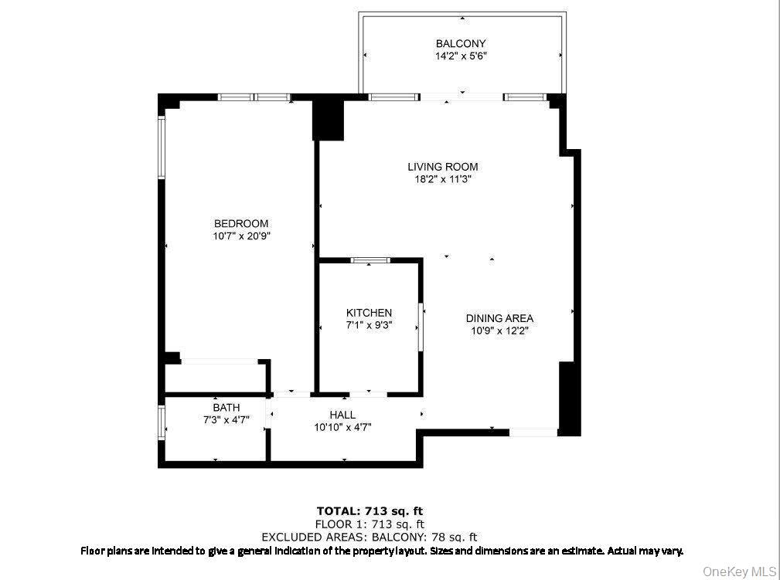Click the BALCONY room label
(x=461, y=44)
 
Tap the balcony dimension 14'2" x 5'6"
(x=461, y=56)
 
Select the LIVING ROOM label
(x=443, y=167)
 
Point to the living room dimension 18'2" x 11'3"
(x=443, y=179)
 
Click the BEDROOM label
(x=242, y=224)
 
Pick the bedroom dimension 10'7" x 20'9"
(x=242, y=236)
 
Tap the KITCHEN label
(x=369, y=313)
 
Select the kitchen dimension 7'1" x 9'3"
(x=369, y=325)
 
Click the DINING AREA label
(x=499, y=318)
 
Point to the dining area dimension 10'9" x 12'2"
(x=499, y=331)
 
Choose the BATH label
(x=227, y=408)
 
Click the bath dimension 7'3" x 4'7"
(x=227, y=419)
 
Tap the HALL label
(x=342, y=415)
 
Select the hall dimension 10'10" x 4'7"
(x=342, y=427)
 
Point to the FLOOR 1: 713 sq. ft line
(x=370, y=524)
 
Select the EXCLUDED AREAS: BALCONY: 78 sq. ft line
(x=370, y=537)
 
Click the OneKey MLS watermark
(x=739, y=571)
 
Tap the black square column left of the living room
(x=328, y=120)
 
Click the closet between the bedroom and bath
(x=216, y=378)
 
